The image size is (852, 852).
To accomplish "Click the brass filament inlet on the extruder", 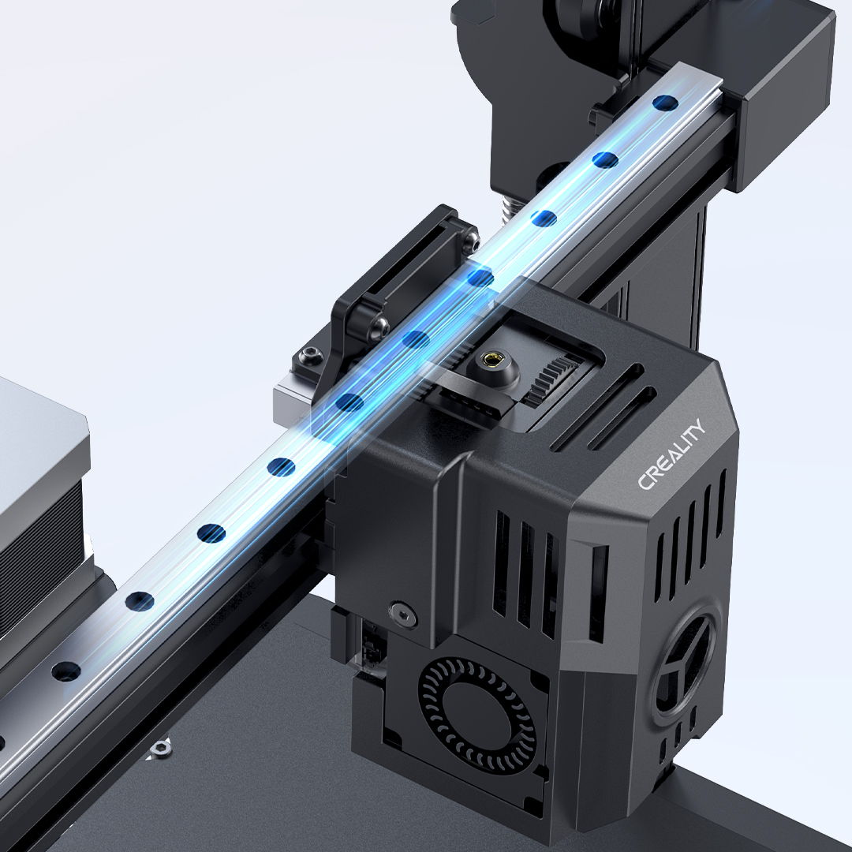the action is click(492, 359).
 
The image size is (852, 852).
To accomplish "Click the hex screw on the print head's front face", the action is click(403, 613).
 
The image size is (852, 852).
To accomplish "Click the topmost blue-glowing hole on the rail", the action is click(665, 102).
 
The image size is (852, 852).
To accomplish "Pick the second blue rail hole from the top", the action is click(605, 159).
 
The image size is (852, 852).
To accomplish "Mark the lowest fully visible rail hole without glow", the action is click(65, 671).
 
